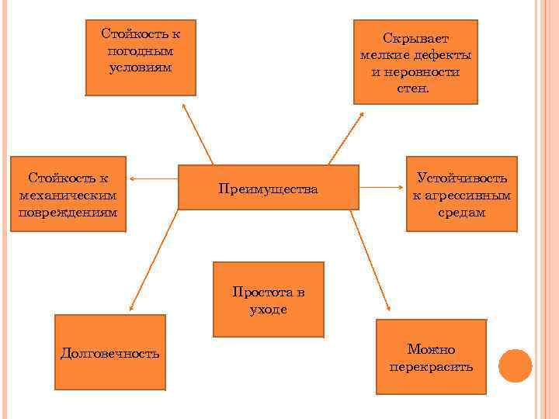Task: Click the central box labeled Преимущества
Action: click(x=268, y=187)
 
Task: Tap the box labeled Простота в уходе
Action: click(x=268, y=300)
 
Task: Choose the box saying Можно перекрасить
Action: click(x=431, y=357)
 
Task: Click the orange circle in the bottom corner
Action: click(x=515, y=365)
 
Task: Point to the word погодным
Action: click(x=140, y=50)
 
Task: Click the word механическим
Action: click(x=69, y=195)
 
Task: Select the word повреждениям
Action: click(x=69, y=211)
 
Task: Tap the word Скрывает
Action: click(x=415, y=38)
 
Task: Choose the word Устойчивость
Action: click(x=461, y=178)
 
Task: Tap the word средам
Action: click(x=461, y=212)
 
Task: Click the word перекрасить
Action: click(x=431, y=366)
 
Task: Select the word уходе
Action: click(x=268, y=309)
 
